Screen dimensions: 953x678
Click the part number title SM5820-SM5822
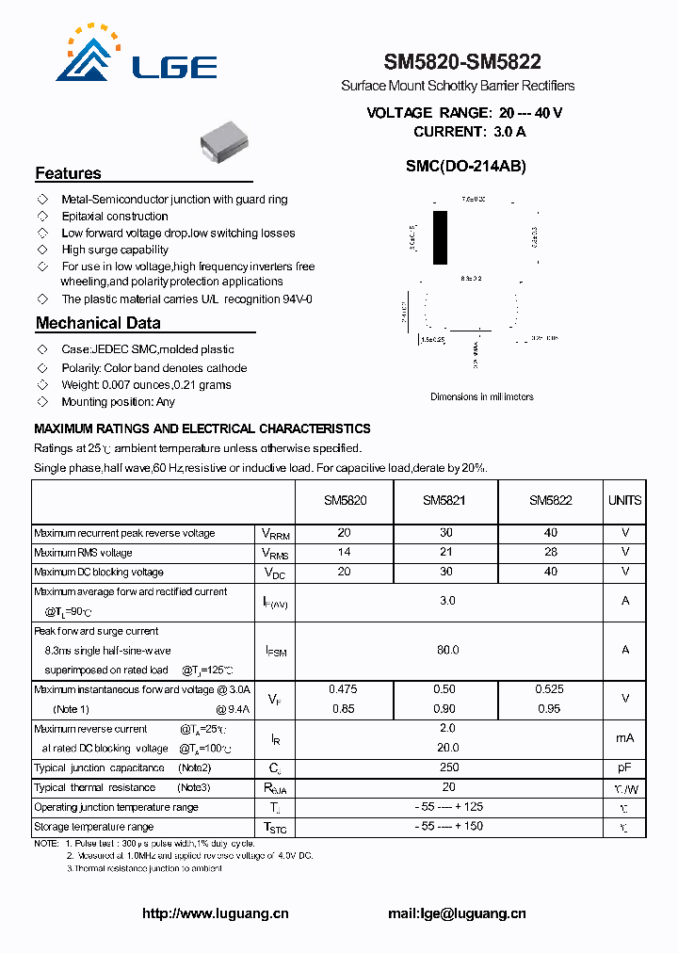point(462,63)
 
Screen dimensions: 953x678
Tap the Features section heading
point(68,173)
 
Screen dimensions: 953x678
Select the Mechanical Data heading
point(98,323)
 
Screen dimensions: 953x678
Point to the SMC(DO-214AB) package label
point(465,166)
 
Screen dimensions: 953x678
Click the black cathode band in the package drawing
point(440,238)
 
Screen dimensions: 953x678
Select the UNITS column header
point(624,501)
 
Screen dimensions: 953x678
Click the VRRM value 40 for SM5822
point(550,533)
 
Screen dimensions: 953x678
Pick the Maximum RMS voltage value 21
point(446,553)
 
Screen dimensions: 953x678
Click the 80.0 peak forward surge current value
point(447,650)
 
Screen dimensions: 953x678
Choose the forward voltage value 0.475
point(343,689)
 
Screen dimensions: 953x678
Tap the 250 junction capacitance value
point(448,768)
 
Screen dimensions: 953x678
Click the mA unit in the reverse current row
point(624,738)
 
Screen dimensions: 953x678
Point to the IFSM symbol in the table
point(275,651)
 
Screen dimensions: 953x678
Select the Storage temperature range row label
point(93,827)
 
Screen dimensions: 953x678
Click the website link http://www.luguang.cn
point(215,913)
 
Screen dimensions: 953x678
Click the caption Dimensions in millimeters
point(481,396)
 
